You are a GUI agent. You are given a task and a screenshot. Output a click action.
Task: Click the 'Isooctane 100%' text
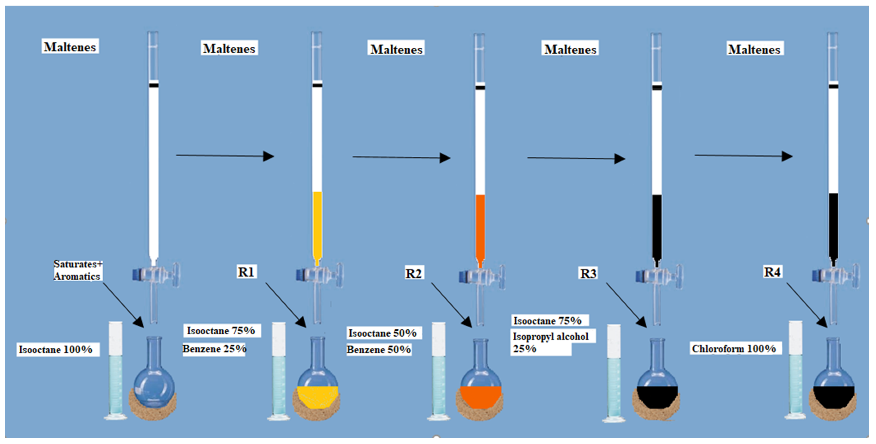(56, 349)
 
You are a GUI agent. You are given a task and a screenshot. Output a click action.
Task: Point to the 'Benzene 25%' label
(214, 349)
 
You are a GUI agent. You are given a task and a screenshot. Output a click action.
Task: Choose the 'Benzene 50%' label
(379, 349)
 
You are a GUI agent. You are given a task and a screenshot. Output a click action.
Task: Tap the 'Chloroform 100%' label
(734, 348)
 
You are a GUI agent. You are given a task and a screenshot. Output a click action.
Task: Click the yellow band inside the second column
(317, 224)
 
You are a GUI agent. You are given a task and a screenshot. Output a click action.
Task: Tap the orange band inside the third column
(480, 226)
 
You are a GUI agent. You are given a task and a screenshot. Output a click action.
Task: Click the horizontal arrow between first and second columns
(225, 156)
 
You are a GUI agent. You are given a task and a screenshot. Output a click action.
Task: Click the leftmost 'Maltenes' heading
(70, 46)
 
